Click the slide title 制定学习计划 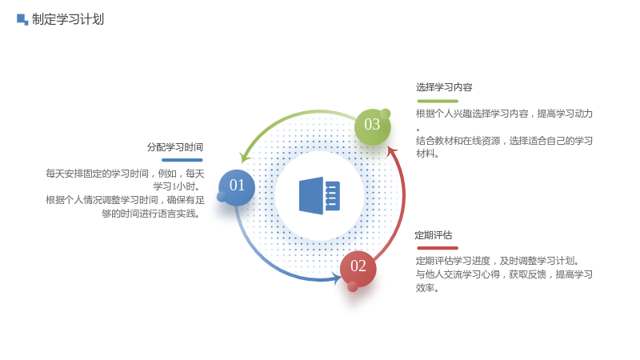point(68,19)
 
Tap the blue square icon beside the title point(22,19)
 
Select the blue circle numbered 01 point(236,187)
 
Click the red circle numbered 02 point(358,268)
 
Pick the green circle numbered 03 point(372,126)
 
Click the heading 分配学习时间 point(175,147)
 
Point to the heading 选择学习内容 point(444,87)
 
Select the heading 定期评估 point(434,235)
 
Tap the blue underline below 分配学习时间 point(182,160)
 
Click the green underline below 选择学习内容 point(438,101)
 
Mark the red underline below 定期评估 point(438,248)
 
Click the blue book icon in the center point(319,196)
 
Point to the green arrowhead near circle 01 point(245,157)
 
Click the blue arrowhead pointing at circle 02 point(337,279)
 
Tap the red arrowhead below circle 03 point(392,151)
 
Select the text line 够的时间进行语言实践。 point(150,214)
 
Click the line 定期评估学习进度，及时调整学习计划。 point(497,261)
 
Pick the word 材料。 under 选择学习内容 point(427,154)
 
